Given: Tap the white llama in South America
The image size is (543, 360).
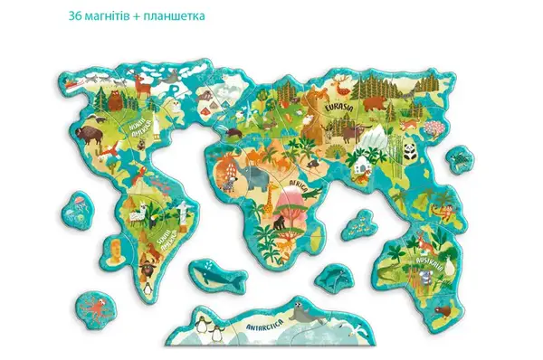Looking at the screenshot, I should click(138, 214).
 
